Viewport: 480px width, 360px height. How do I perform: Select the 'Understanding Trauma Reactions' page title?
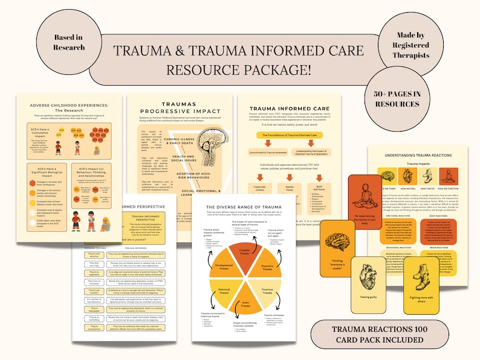pos(423,155)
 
